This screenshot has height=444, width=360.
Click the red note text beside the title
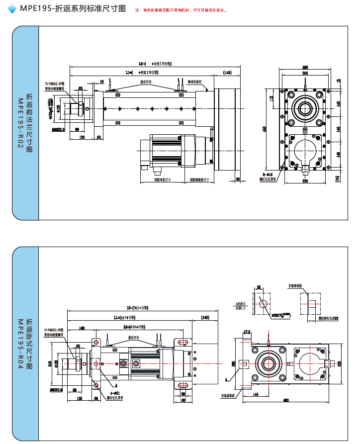(x=181, y=10)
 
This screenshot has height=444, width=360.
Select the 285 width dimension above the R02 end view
(x=305, y=67)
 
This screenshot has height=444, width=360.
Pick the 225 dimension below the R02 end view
(x=305, y=181)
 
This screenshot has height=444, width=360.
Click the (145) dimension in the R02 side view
(x=227, y=73)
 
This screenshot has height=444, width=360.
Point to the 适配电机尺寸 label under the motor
(x=163, y=179)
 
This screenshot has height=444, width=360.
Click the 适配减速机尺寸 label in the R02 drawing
(x=199, y=179)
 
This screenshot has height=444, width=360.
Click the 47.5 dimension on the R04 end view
(x=247, y=332)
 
